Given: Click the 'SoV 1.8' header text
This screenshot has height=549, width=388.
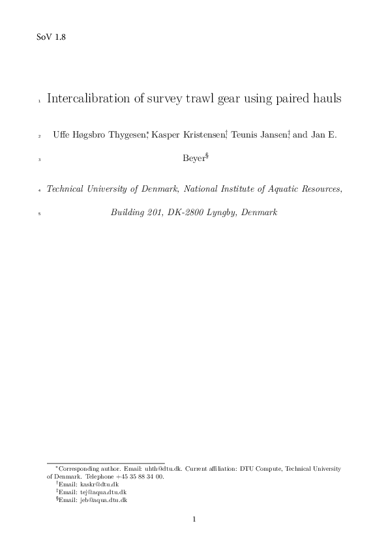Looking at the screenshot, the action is [51, 37].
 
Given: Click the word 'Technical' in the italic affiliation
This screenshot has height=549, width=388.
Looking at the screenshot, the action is [68, 189].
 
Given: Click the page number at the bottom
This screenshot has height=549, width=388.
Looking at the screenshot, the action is [194, 520].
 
